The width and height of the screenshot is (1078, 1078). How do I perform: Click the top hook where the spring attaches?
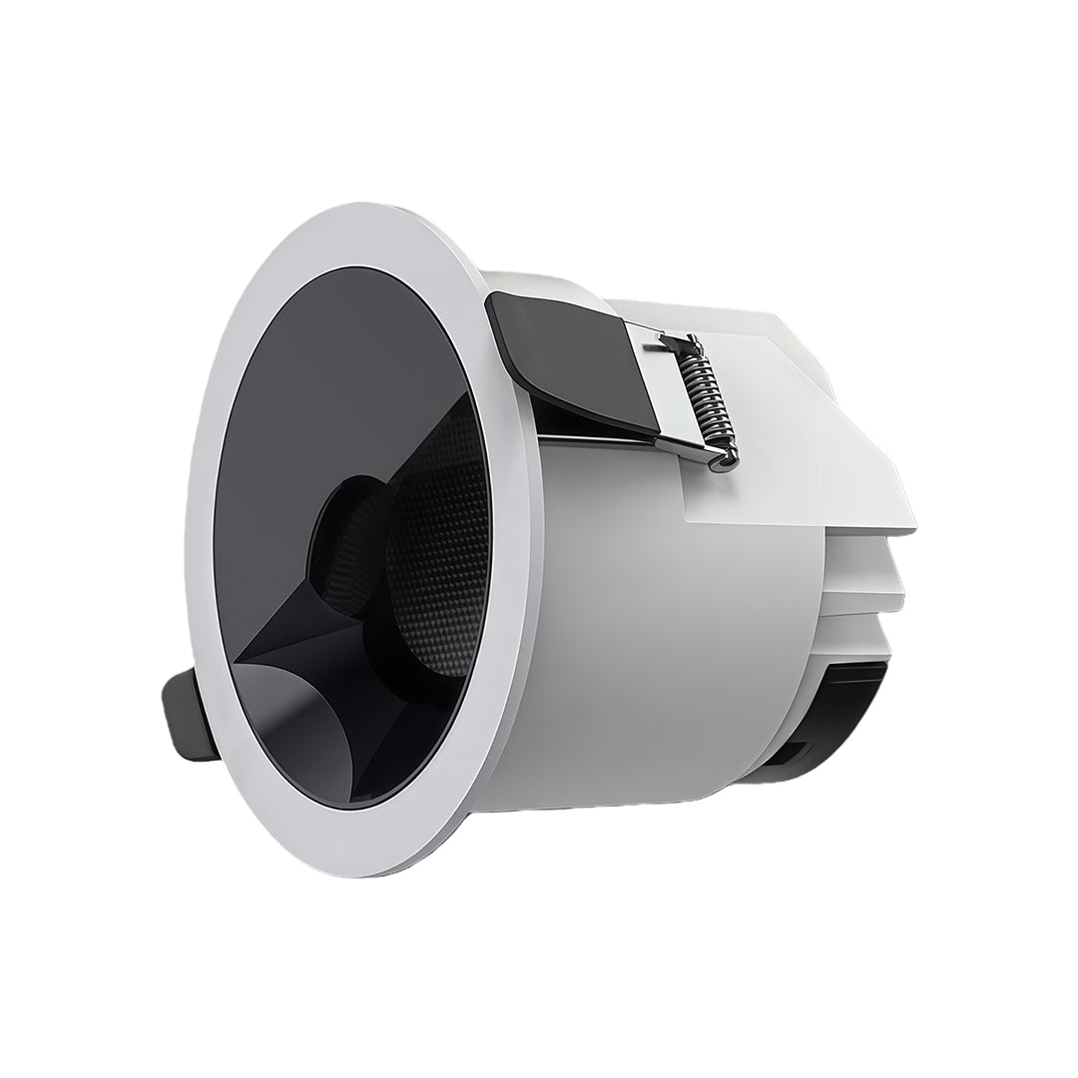(689, 344)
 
